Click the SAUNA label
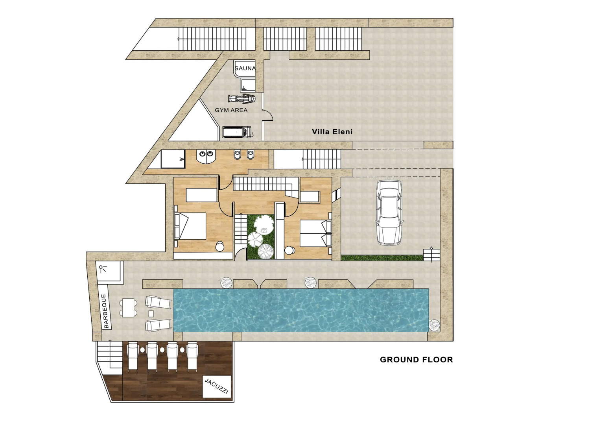point(245,68)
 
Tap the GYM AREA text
point(231,110)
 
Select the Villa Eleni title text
point(332,132)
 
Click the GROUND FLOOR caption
point(417,360)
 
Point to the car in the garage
point(389,213)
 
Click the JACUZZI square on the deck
point(217,386)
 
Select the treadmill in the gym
point(238,132)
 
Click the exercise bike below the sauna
point(242,98)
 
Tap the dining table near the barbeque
point(128,308)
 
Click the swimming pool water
point(301,310)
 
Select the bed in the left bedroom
point(190,226)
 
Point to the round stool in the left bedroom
point(220,246)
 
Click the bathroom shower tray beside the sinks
point(173,159)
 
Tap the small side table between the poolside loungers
point(151,313)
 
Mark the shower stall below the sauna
point(247,85)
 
